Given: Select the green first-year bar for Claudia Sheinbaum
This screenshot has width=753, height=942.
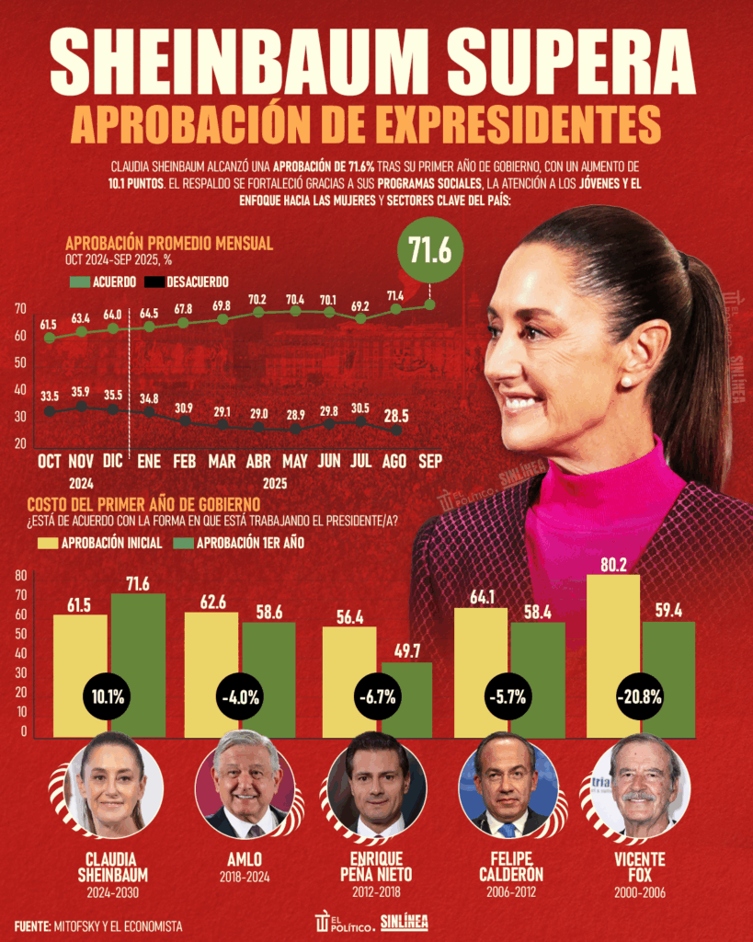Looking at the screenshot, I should click(138, 664).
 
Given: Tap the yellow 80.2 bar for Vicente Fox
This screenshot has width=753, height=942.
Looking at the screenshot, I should click(612, 655).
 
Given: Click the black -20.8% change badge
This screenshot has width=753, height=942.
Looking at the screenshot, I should click(640, 696).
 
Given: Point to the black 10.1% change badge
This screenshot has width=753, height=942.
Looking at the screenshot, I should click(111, 696).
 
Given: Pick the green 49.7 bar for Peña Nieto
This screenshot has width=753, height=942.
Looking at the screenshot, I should click(405, 699).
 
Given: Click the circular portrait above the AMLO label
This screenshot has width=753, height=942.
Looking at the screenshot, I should click(245, 784).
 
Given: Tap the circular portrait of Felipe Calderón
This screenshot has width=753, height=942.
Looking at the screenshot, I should click(508, 784).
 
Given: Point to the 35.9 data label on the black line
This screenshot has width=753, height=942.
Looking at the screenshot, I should click(81, 390).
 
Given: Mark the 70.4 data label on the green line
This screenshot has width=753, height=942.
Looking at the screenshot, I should click(294, 299).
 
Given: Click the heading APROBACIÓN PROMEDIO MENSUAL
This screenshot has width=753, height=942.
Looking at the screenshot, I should click(169, 244).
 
